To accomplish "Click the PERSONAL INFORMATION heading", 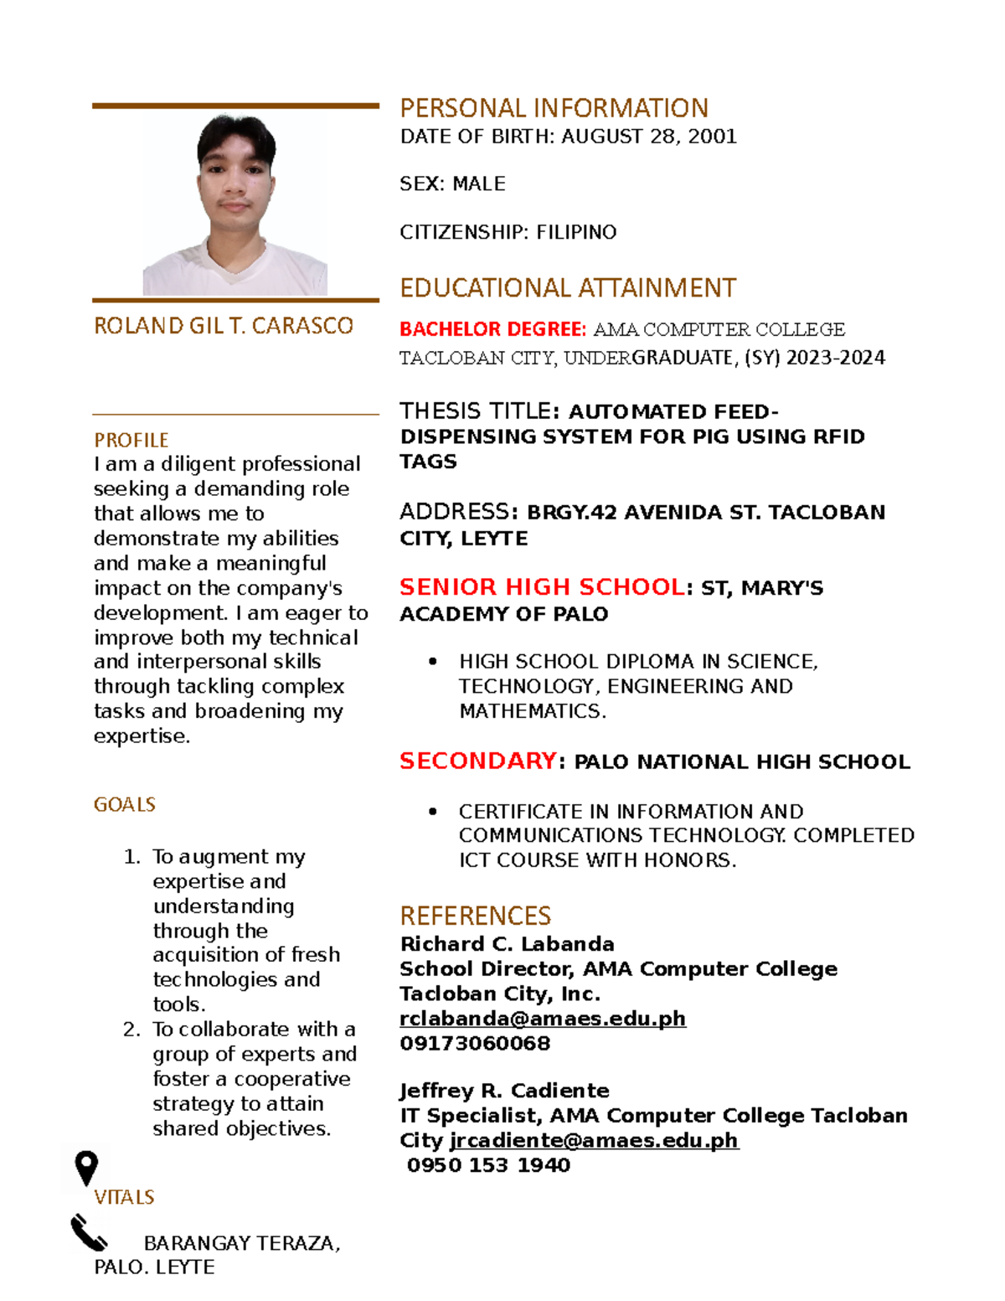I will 554,108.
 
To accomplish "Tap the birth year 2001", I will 712,137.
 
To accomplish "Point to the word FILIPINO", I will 576,232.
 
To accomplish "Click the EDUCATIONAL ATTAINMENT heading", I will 568,288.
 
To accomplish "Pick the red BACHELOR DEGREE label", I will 492,329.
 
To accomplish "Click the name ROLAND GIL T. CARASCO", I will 224,326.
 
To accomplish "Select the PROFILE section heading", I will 131,441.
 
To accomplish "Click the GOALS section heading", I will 124,805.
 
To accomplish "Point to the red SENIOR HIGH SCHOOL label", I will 541,587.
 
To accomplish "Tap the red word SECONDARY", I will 477,761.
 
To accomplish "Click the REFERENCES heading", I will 475,916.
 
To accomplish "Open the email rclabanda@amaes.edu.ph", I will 542,1019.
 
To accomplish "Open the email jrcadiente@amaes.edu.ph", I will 594,1141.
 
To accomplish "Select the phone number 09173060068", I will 475,1044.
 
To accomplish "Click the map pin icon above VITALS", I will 86,1168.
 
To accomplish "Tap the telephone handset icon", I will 89,1233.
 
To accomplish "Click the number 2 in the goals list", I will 131,1030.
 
